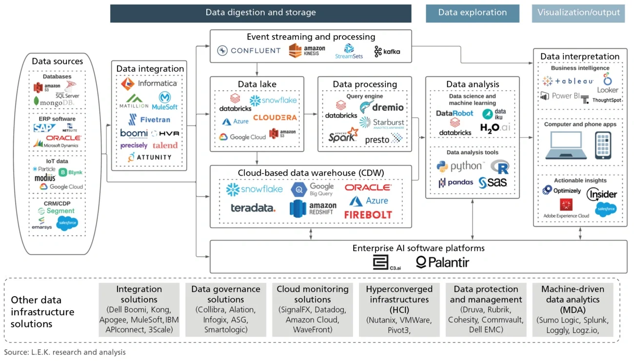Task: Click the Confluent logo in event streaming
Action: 249,51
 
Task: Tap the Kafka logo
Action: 387,51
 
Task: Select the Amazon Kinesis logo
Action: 307,50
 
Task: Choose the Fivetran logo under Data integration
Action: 149,120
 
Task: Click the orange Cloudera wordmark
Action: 275,118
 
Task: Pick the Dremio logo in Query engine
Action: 382,107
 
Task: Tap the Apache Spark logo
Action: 343,136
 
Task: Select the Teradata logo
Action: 253,208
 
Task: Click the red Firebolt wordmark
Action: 368,215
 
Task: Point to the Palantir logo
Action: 442,262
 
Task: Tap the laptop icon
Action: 565,145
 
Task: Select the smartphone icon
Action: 603,145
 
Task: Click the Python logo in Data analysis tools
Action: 460,167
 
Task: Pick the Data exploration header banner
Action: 472,13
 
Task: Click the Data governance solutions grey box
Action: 225,309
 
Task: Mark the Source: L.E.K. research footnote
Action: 65,352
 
